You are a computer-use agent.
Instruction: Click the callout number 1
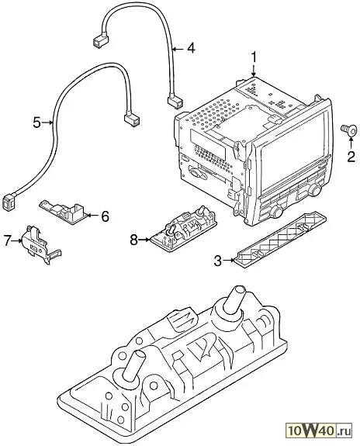tap(253, 58)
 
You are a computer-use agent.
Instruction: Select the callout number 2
tap(351, 157)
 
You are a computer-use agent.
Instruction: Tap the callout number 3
tap(218, 261)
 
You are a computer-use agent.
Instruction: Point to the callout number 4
tap(191, 48)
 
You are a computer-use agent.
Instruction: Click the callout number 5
tap(36, 123)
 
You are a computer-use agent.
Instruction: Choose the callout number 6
tap(105, 216)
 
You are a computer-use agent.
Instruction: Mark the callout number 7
tap(9, 240)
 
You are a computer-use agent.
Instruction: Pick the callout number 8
tap(133, 240)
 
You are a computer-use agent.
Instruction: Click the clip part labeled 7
tap(40, 244)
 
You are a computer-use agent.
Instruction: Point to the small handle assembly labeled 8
tap(183, 227)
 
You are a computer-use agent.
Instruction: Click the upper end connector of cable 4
tap(100, 41)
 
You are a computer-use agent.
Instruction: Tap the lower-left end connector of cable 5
tap(9, 201)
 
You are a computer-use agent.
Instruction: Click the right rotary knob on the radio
tap(314, 190)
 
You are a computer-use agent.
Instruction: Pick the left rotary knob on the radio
tap(275, 211)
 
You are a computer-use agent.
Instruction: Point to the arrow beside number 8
tap(144, 240)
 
